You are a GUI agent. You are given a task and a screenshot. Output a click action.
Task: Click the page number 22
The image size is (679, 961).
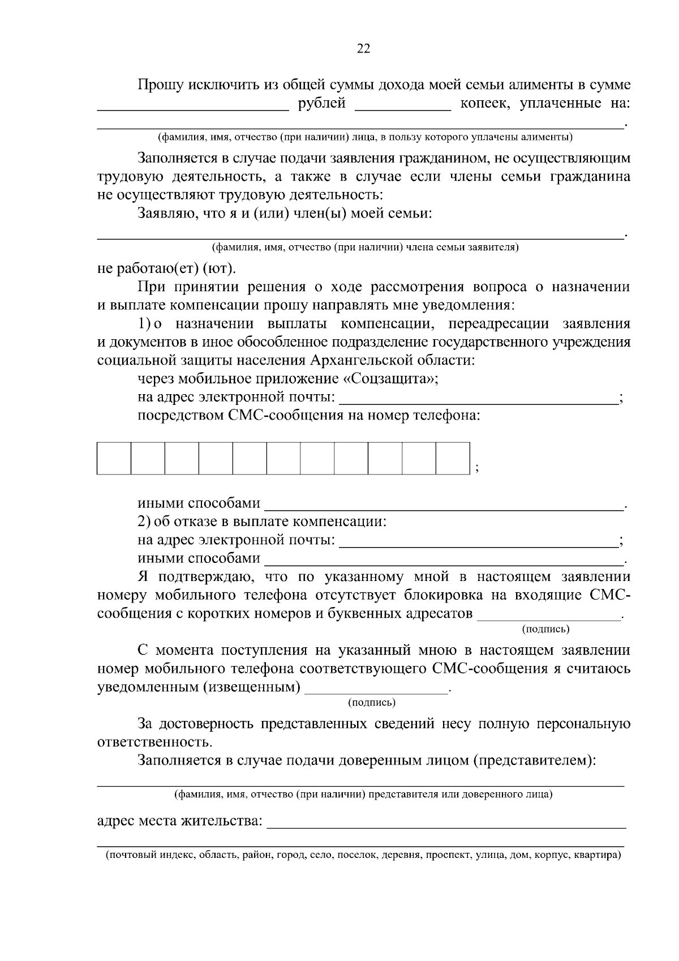pyautogui.click(x=363, y=49)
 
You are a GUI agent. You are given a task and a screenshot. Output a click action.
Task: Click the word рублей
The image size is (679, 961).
pyautogui.click(x=321, y=104)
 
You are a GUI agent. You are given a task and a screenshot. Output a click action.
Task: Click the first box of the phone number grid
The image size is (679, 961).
pyautogui.click(x=114, y=458)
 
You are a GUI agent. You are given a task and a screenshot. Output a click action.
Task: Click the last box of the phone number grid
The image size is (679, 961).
pyautogui.click(x=453, y=458)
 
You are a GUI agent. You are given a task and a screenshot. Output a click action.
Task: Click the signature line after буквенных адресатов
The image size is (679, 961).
pyautogui.click(x=549, y=615)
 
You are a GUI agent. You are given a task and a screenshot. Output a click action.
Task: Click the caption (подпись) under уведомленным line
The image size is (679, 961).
pyautogui.click(x=371, y=703)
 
